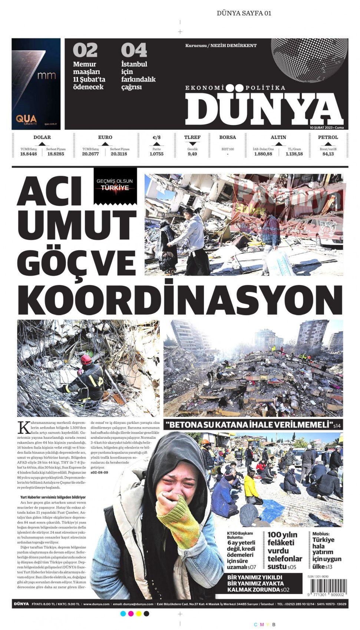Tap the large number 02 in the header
pos(85,50)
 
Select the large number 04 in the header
pos(134,50)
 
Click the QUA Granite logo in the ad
pos(26,120)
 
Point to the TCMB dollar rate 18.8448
pos(29,154)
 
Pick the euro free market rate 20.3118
pos(119,154)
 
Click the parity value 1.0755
pos(156,154)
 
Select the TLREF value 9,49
pos(192,154)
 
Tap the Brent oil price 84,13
pos(328,154)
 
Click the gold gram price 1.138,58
pos(294,154)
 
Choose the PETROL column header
pos(328,137)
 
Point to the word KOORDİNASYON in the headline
pos(180,299)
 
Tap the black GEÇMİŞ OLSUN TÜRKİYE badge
pos(115,185)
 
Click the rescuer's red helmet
pos(86,359)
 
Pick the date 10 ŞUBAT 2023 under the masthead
pos(321,127)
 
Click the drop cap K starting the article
pos(23,427)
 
